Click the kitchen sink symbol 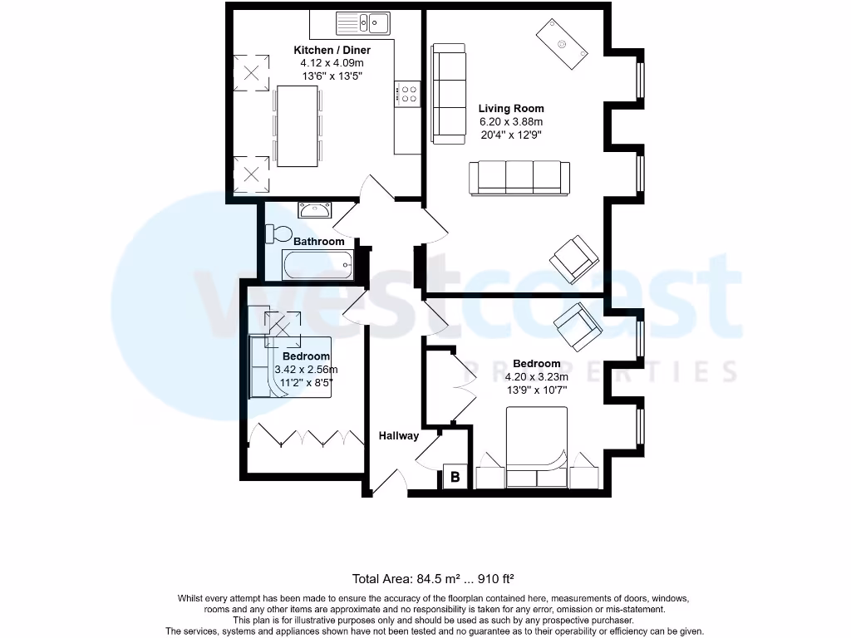(x=364, y=21)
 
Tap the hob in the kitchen (x=408, y=94)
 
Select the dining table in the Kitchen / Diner (x=298, y=125)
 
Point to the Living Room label (x=511, y=108)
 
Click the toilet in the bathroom (x=277, y=233)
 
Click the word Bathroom (x=318, y=242)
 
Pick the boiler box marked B (x=455, y=477)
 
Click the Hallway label (x=399, y=435)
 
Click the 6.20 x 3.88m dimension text (x=511, y=121)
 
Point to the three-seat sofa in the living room (x=519, y=178)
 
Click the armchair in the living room (x=573, y=258)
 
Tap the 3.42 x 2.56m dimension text (x=307, y=370)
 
